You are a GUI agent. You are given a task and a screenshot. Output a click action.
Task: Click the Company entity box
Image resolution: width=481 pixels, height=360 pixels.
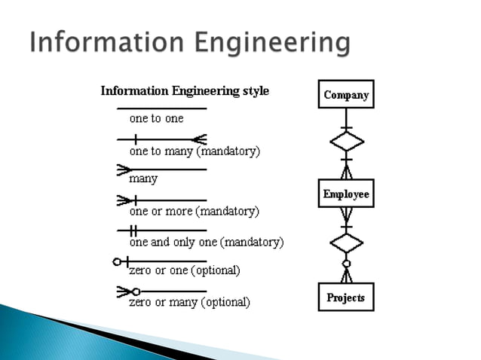coord(346,95)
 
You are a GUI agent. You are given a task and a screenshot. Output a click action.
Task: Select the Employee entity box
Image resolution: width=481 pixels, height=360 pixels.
coord(346,194)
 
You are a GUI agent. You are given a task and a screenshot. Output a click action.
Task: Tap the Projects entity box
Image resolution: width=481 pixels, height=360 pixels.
coord(346,297)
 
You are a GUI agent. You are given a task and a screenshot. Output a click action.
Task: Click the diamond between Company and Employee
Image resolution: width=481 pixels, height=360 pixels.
coord(346,141)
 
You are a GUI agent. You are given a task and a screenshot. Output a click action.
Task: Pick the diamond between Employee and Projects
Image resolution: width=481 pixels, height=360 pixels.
coord(346,243)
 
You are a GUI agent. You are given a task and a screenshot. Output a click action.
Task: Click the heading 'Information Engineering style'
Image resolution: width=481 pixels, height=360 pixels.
coord(185,92)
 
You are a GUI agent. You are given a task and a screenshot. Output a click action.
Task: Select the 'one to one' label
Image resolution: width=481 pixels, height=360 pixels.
coord(156,118)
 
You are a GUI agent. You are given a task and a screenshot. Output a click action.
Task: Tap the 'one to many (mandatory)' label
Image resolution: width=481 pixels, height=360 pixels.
coord(195,151)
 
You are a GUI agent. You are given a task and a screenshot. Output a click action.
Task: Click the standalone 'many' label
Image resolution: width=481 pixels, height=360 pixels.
coord(143,179)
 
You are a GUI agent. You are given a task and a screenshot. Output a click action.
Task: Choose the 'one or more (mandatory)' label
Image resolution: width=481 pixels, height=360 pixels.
coord(194,212)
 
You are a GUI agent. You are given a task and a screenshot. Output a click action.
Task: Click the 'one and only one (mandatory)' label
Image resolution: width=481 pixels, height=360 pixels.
coord(206,243)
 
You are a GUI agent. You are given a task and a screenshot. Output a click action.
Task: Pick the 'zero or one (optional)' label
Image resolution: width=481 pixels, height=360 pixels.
coord(185,270)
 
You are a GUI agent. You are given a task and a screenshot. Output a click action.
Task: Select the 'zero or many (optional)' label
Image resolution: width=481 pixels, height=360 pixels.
coord(189,302)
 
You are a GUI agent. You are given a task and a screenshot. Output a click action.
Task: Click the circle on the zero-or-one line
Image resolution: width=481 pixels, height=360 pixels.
coord(117,261)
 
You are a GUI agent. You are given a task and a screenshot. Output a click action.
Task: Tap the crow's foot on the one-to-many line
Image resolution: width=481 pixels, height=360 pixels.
coord(199,139)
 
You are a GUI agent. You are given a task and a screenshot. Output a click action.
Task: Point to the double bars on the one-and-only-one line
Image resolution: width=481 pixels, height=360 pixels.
coord(133,230)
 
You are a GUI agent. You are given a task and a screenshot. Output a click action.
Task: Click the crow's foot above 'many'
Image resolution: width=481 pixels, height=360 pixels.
coord(124,170)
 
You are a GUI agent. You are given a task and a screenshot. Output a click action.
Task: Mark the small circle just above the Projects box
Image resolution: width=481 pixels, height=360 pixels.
coord(346,264)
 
